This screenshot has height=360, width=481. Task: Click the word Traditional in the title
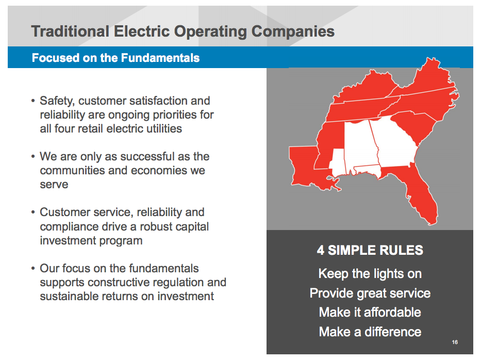(x=70, y=31)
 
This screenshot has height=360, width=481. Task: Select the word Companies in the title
(x=293, y=31)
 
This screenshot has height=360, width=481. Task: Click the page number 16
(x=454, y=342)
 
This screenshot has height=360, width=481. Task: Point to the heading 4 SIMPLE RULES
(x=370, y=251)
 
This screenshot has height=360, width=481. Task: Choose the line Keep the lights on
(x=370, y=274)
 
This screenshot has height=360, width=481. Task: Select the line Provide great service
(x=370, y=293)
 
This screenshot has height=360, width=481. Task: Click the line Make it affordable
(x=370, y=313)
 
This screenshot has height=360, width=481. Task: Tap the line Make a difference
(x=370, y=332)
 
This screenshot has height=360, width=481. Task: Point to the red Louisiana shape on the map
(x=304, y=170)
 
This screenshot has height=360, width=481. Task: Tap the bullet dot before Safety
(x=34, y=101)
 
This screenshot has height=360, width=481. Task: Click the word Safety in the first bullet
(x=57, y=101)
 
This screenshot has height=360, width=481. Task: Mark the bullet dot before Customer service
(x=34, y=212)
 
